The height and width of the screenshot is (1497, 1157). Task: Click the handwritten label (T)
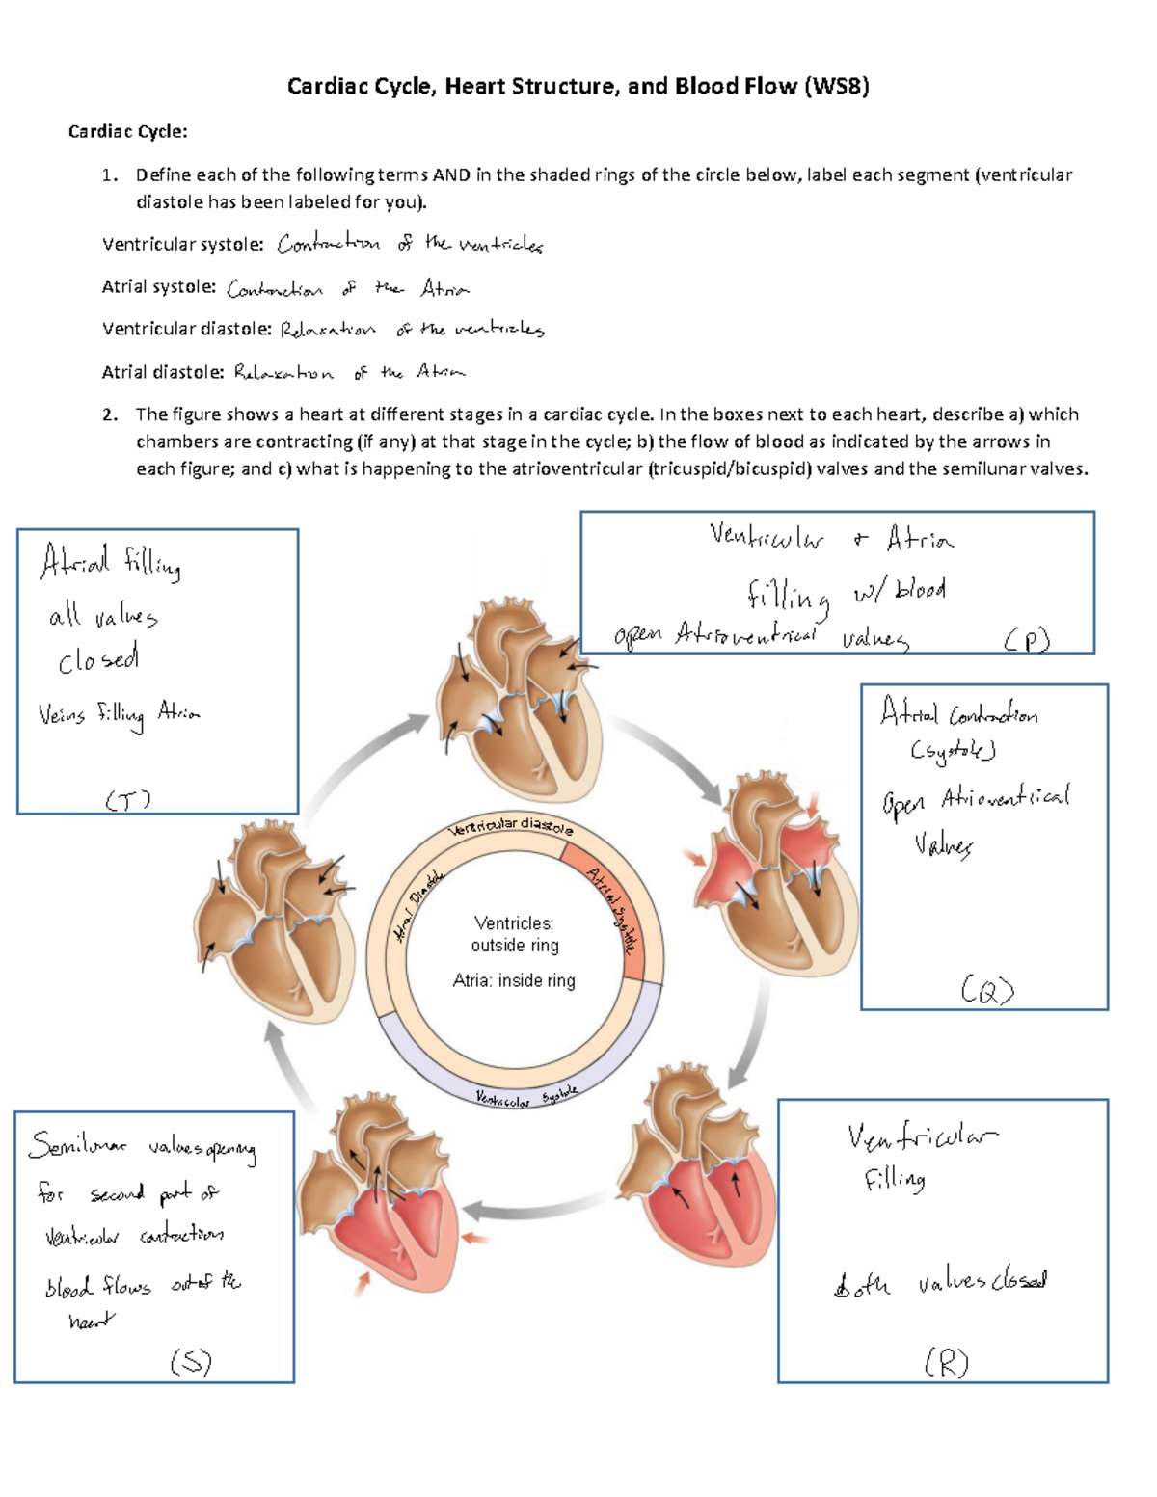pyautogui.click(x=128, y=800)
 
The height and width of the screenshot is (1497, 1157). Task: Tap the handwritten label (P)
pyautogui.click(x=1026, y=640)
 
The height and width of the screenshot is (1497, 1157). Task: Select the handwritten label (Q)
pyautogui.click(x=987, y=990)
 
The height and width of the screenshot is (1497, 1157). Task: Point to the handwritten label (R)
pyautogui.click(x=946, y=1362)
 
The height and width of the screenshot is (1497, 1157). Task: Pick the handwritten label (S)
pyautogui.click(x=191, y=1361)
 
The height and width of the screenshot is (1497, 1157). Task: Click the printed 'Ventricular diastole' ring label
pyautogui.click(x=511, y=826)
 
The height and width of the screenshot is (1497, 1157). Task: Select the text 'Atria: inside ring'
pyautogui.click(x=514, y=980)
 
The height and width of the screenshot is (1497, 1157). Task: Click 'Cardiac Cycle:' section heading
pyautogui.click(x=127, y=131)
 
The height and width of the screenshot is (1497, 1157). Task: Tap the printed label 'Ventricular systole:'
pyautogui.click(x=183, y=245)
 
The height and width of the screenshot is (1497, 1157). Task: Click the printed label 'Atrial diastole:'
pyautogui.click(x=163, y=372)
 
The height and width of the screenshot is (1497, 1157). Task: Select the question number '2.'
pyautogui.click(x=111, y=414)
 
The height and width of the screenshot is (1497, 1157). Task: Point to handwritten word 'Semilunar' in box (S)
pyautogui.click(x=77, y=1145)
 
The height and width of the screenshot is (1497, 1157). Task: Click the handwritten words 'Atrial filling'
pyautogui.click(x=110, y=562)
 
